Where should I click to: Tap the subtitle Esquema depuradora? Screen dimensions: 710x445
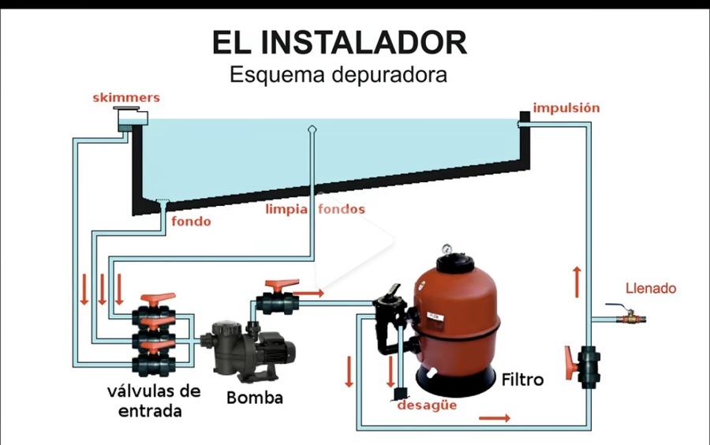pos(338,75)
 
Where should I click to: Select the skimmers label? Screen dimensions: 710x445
pos(126,98)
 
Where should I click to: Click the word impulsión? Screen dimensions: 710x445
pos(566,108)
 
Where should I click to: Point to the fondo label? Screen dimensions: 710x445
pos(191,222)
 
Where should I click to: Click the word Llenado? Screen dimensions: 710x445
pos(651,288)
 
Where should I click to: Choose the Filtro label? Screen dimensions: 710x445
pos(522,380)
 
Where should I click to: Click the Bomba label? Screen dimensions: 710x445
pos(255,398)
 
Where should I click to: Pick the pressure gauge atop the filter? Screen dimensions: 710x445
pos(447,249)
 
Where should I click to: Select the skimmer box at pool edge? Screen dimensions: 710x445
pos(130,118)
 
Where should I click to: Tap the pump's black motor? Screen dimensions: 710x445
pos(277,350)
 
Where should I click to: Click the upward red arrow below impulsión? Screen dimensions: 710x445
pos(577,282)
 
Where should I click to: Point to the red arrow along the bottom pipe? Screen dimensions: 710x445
pos(495,418)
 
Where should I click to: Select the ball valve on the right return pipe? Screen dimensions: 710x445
pos(583,367)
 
